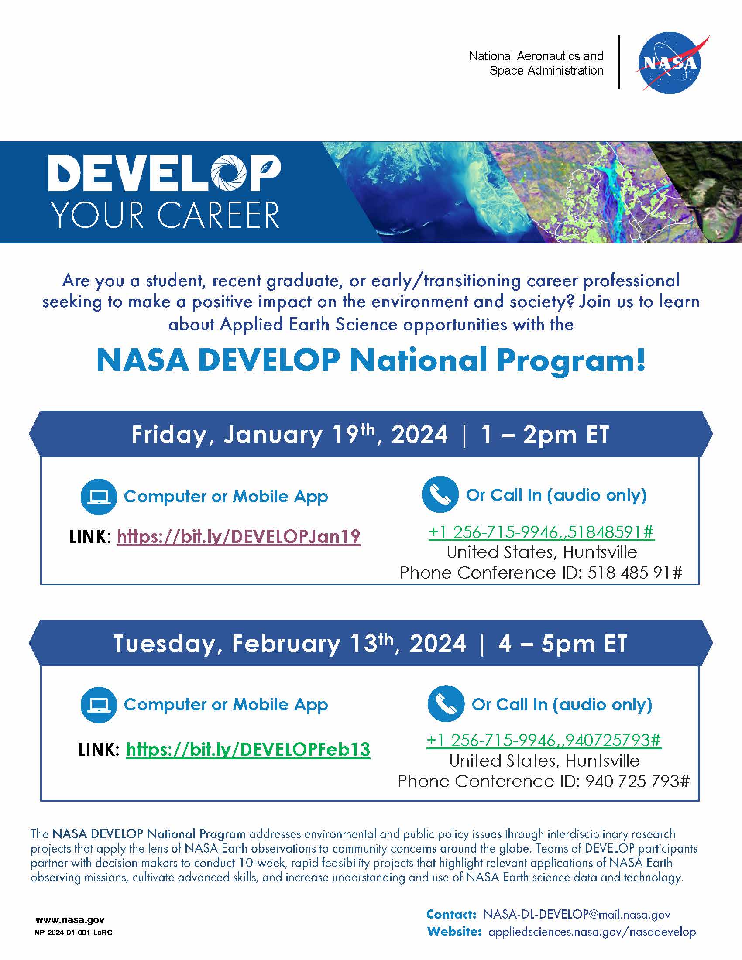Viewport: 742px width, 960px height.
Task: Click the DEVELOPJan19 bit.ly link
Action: pyautogui.click(x=239, y=536)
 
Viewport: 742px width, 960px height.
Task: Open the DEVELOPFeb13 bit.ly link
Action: pyautogui.click(x=248, y=749)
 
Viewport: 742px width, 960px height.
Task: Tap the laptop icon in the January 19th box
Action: pyautogui.click(x=99, y=497)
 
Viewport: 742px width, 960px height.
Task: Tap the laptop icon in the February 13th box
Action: pyautogui.click(x=99, y=705)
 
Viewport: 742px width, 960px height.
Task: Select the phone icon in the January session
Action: pyautogui.click(x=440, y=494)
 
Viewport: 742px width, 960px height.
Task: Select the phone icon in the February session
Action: pyautogui.click(x=446, y=704)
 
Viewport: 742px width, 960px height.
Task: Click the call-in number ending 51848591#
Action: pyautogui.click(x=542, y=532)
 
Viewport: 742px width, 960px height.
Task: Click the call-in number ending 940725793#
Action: pyautogui.click(x=544, y=740)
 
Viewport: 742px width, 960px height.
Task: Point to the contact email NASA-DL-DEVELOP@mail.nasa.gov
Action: pyautogui.click(x=577, y=914)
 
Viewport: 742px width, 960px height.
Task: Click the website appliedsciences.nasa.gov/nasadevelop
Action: pyautogui.click(x=592, y=932)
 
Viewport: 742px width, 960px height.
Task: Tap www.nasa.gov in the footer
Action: pyautogui.click(x=70, y=919)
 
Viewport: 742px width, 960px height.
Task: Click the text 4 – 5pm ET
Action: pyautogui.click(x=562, y=644)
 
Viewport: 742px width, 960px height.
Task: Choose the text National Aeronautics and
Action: pyautogui.click(x=536, y=56)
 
